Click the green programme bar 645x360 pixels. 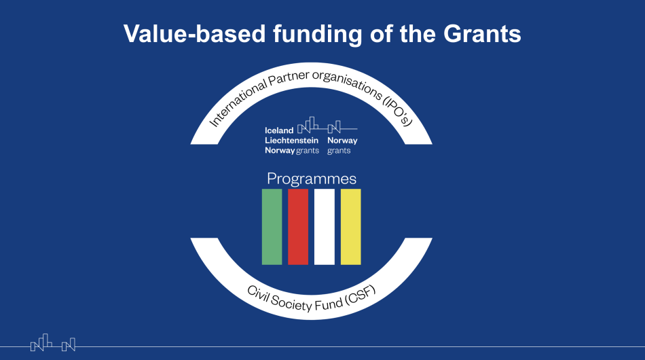[x=272, y=227]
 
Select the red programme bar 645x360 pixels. [x=298, y=227]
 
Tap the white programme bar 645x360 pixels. [x=325, y=227]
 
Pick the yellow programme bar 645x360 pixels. [x=350, y=227]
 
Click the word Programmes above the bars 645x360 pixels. [x=312, y=179]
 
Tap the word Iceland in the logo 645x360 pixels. [x=279, y=130]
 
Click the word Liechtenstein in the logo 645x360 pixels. [x=291, y=141]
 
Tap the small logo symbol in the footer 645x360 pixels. [x=53, y=343]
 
